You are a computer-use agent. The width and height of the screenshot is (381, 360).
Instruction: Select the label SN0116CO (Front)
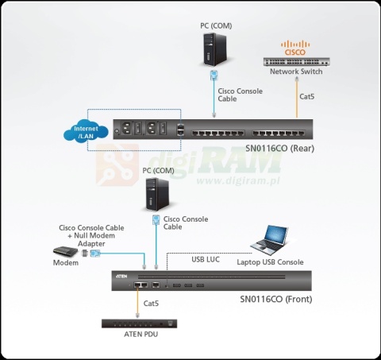coord(275,300)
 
